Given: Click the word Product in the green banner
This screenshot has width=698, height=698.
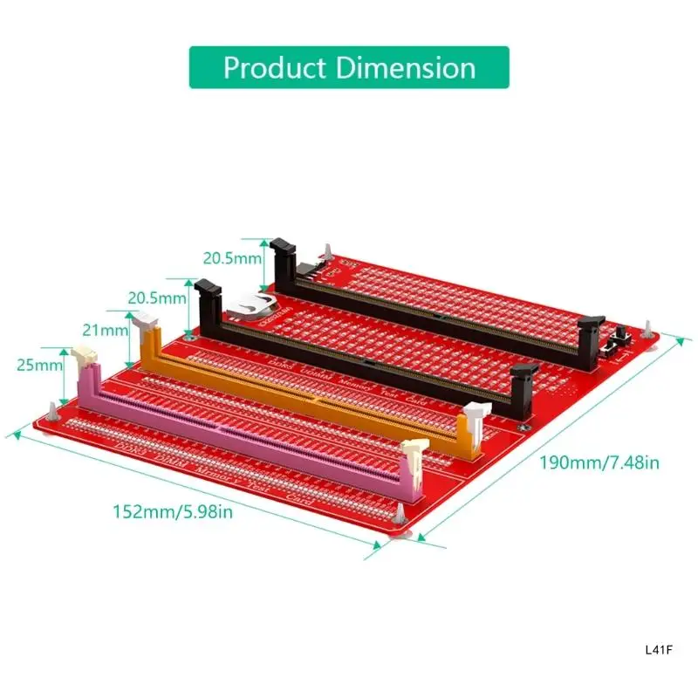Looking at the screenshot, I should point(266,68).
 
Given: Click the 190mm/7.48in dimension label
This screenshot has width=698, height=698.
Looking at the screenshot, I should point(599,462).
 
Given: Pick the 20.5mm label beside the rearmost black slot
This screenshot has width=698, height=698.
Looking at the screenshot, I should point(232,258).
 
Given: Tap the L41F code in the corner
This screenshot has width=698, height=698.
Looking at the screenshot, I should point(658,650).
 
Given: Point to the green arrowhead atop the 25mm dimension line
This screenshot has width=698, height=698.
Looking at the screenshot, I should point(64,351).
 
